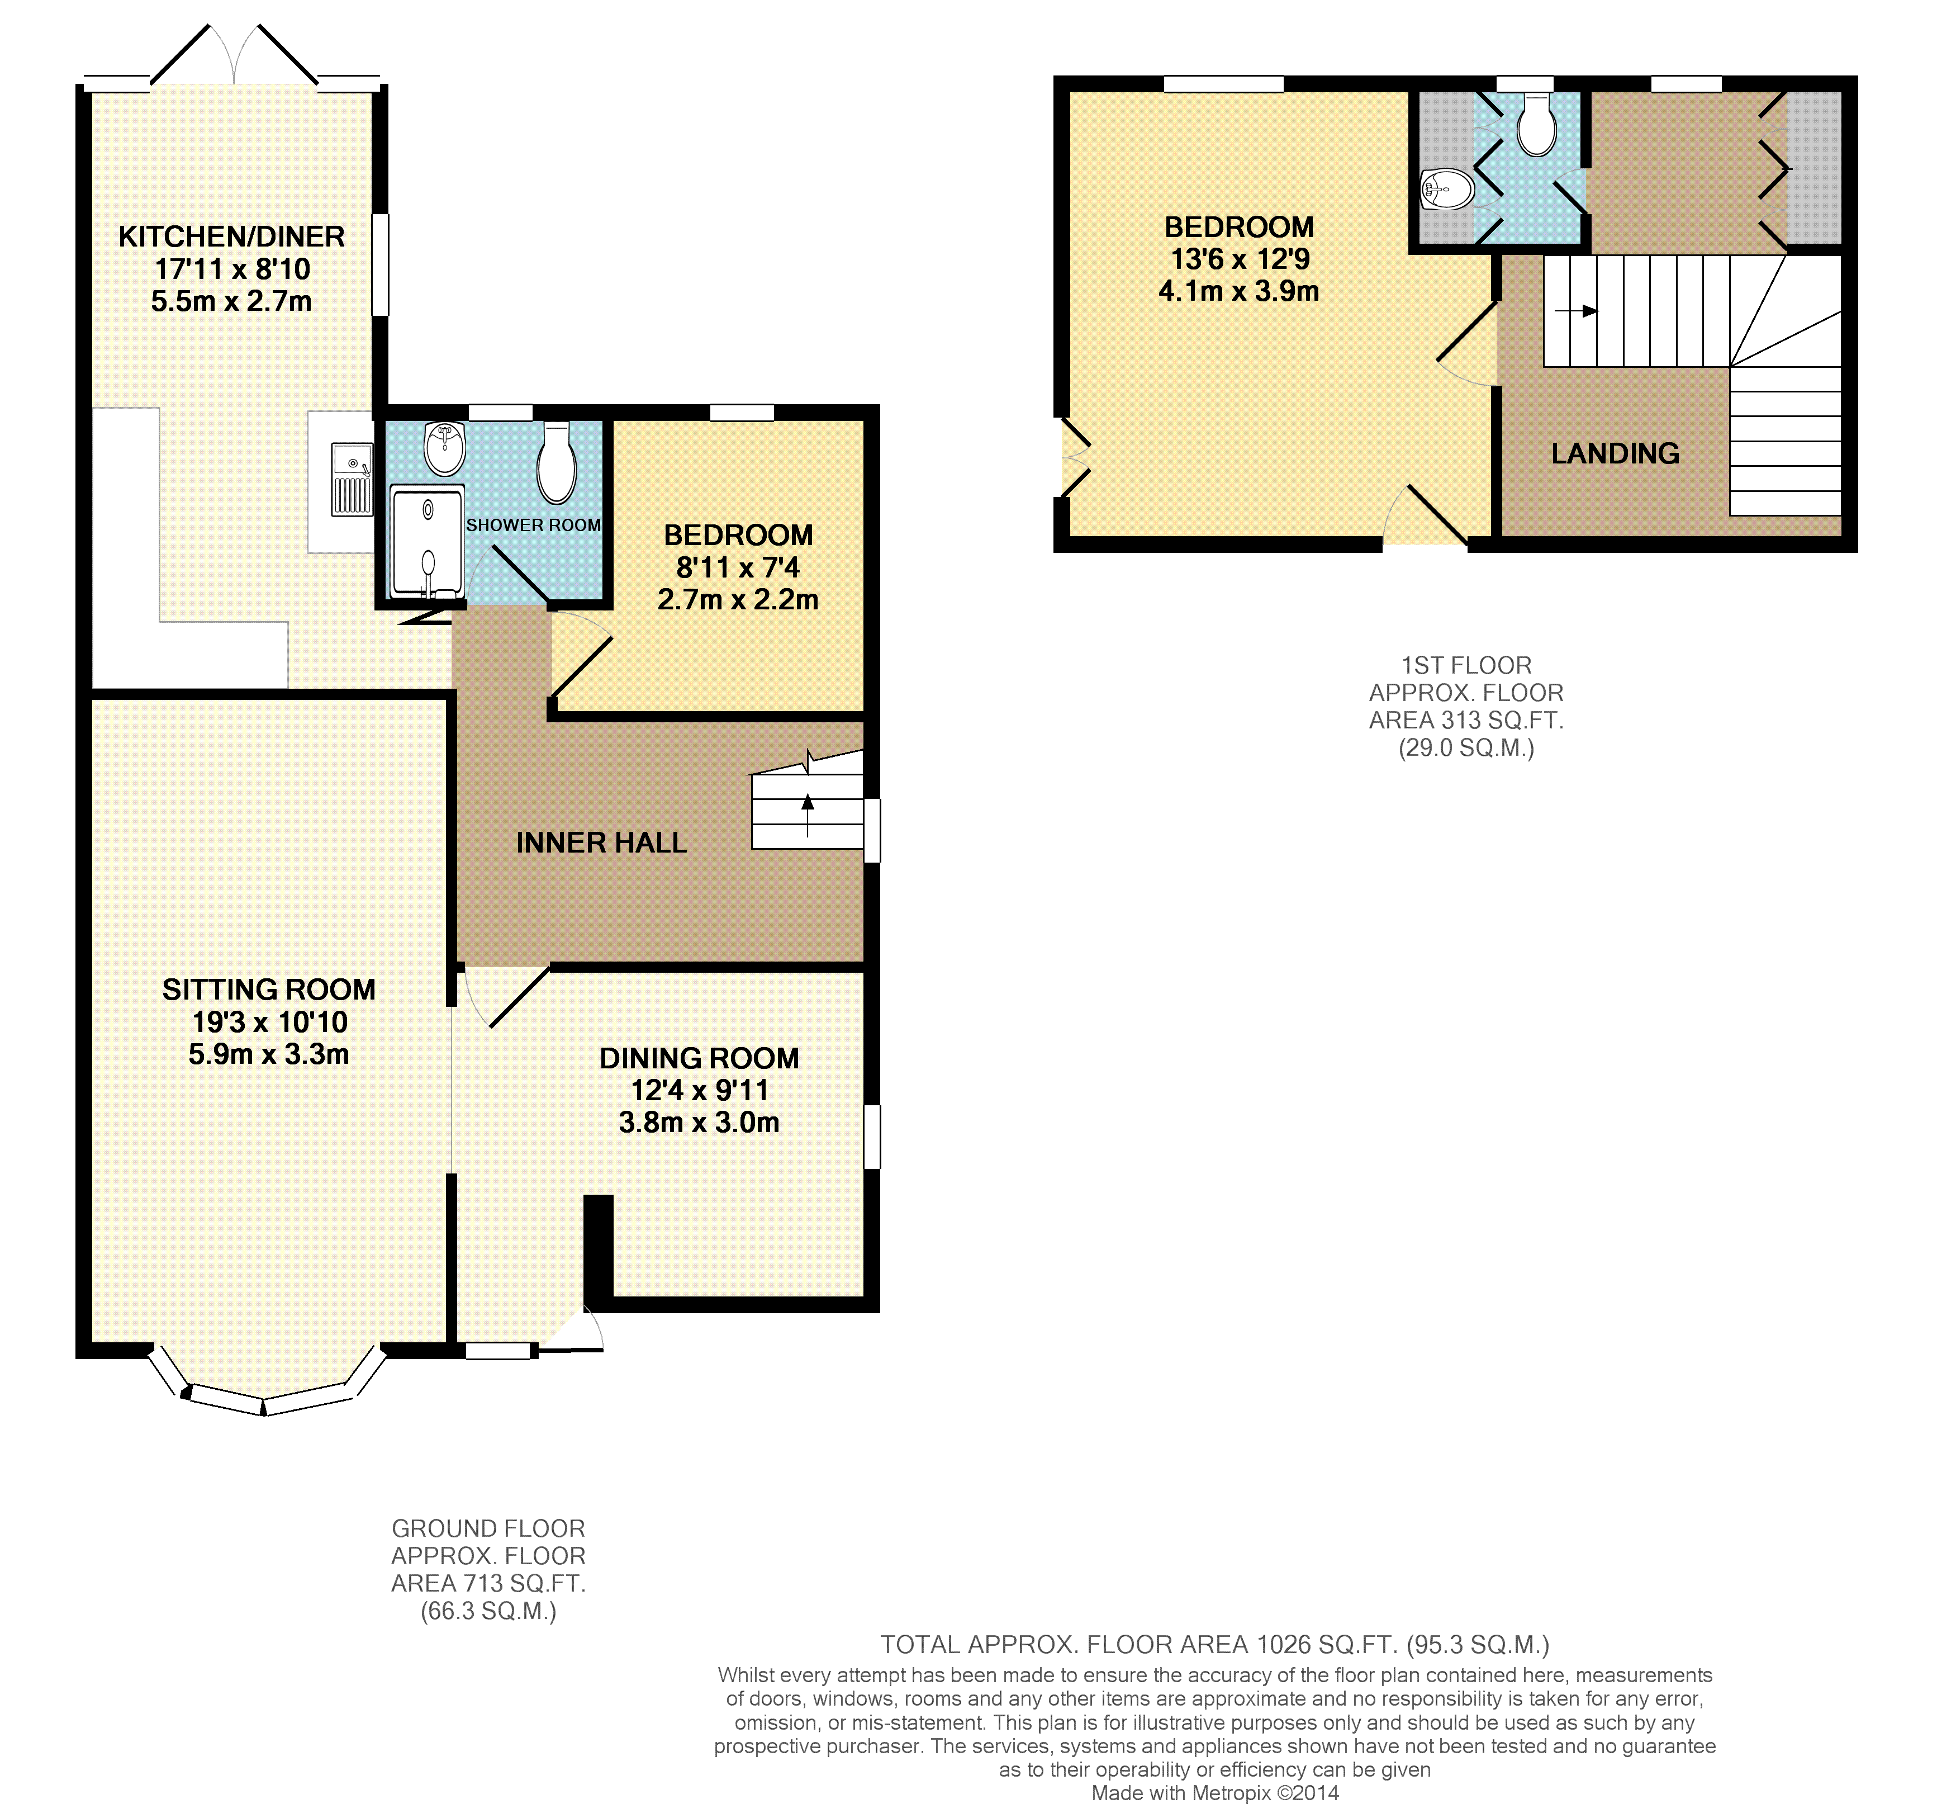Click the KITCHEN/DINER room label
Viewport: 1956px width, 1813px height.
coord(231,236)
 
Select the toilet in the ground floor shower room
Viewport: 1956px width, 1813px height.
coord(556,463)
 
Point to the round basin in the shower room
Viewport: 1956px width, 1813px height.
coord(444,448)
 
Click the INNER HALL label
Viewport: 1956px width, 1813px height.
coord(601,842)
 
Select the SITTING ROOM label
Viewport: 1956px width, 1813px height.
coord(269,990)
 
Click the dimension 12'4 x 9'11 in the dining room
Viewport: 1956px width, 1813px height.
coord(700,1091)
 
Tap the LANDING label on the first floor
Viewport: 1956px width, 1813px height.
coord(1616,453)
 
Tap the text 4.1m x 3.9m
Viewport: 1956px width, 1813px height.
coord(1239,291)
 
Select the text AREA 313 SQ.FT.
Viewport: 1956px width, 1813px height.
coord(1466,720)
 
